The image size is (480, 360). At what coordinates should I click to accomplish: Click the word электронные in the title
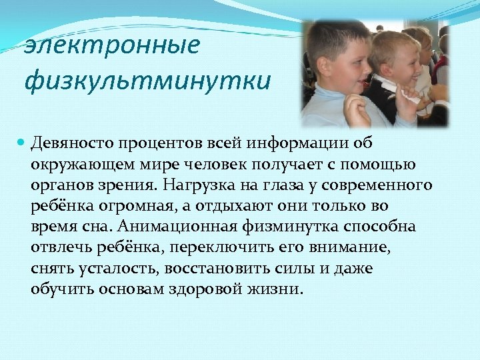tap(112, 46)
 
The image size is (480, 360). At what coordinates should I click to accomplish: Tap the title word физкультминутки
tap(147, 81)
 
